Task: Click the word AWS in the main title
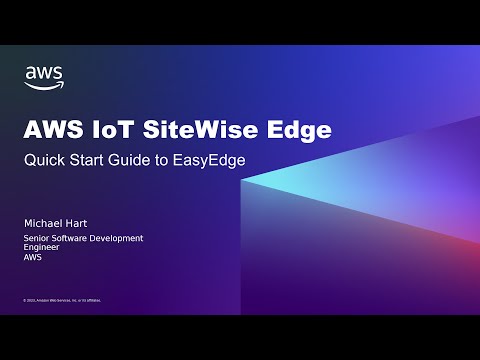coord(51,130)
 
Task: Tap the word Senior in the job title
coord(37,238)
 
